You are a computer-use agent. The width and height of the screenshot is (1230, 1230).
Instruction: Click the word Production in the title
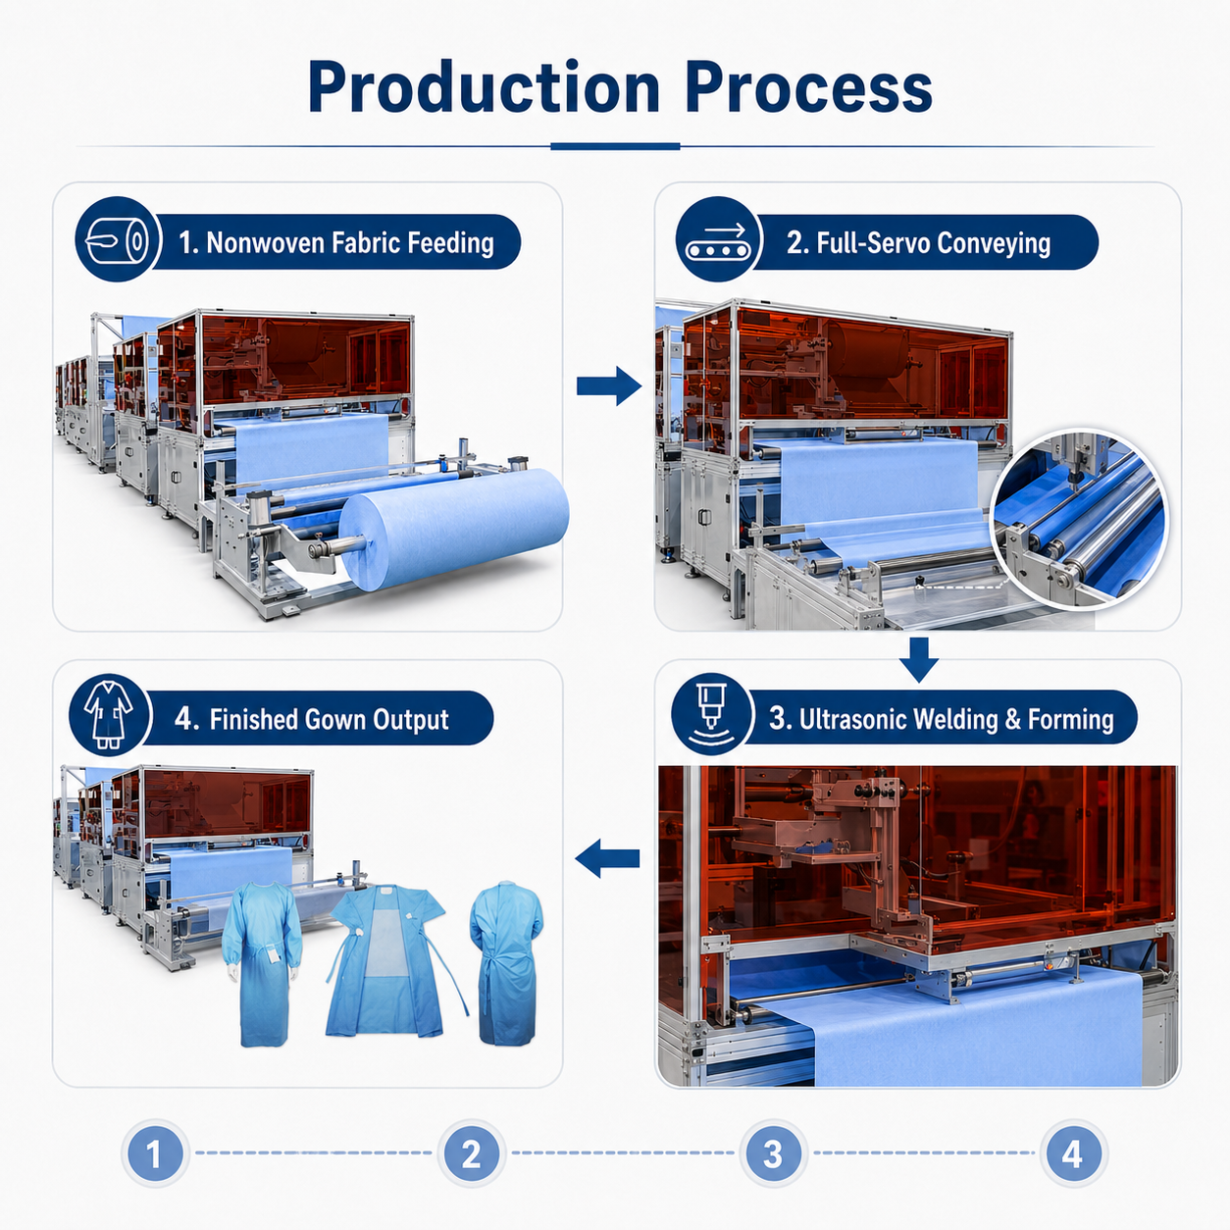[x=484, y=87]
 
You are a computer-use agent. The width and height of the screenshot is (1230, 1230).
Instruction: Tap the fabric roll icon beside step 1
[x=116, y=239]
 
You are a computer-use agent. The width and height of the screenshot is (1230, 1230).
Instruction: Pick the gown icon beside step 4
[x=110, y=714]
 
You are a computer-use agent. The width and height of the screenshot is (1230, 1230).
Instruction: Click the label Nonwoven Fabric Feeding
[x=336, y=242]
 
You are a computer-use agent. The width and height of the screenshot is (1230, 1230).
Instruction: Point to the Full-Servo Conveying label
[x=918, y=242]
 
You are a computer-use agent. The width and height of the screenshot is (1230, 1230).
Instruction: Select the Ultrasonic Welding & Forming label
[x=941, y=719]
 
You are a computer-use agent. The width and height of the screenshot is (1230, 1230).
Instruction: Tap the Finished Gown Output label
[x=312, y=719]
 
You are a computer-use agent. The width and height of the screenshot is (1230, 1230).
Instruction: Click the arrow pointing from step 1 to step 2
[x=609, y=385]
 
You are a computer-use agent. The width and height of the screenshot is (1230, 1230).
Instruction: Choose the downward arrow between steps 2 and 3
[x=919, y=659]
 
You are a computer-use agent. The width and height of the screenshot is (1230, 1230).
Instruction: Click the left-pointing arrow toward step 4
[x=607, y=858]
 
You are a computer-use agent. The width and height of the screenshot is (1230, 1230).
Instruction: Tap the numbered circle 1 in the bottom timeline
[x=155, y=1153]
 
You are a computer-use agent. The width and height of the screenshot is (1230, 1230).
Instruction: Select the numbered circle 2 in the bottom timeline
[x=472, y=1153]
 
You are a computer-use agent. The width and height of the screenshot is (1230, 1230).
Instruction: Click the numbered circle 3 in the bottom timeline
[x=773, y=1153]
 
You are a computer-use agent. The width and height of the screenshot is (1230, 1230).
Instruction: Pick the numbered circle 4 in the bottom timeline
[x=1074, y=1153]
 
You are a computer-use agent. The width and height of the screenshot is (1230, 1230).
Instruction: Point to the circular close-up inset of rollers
[x=1079, y=518]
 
